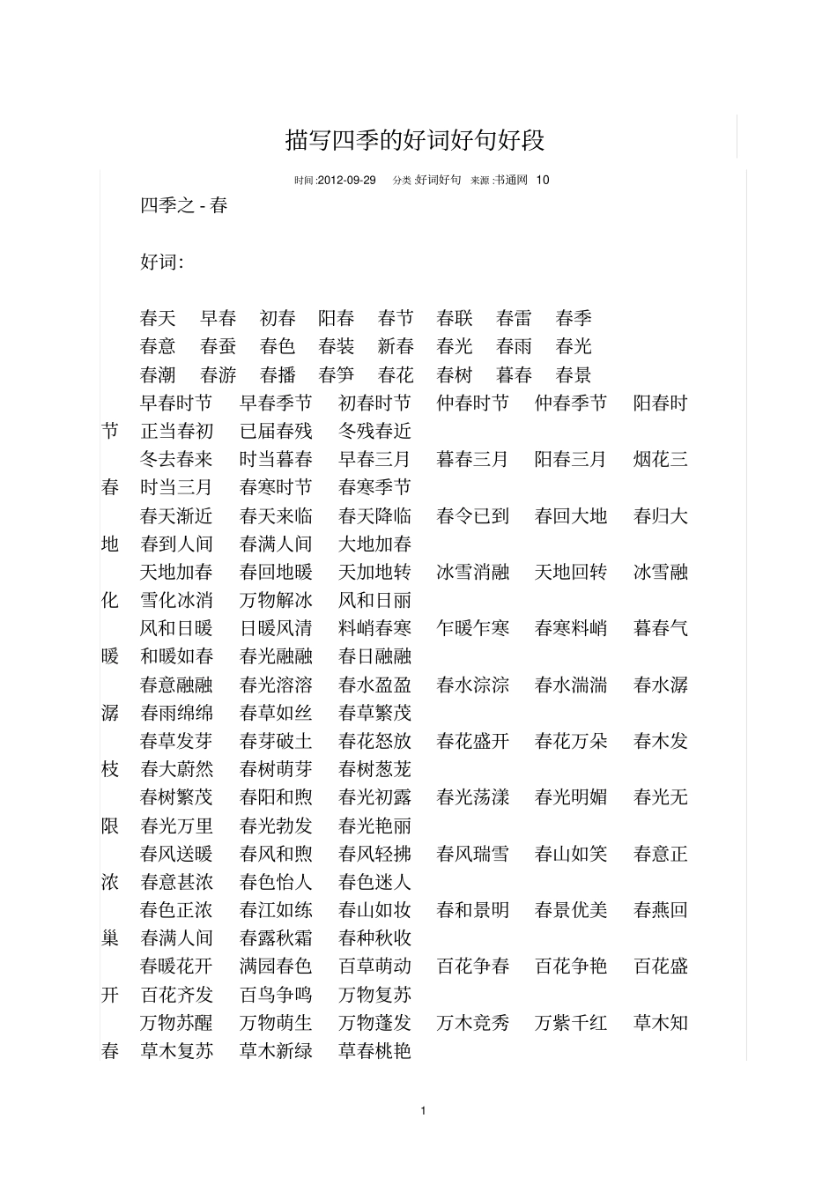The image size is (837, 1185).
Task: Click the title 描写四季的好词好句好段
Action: (415, 140)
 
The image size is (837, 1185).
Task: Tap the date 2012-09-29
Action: (346, 180)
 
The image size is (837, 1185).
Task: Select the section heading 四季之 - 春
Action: (184, 206)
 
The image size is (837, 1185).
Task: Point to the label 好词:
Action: (162, 263)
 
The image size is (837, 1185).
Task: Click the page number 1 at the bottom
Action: (424, 1110)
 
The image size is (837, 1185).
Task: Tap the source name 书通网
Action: (510, 180)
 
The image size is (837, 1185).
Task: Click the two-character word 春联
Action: (455, 318)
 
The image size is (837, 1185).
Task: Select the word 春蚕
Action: (219, 346)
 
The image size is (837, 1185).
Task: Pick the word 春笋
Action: (337, 374)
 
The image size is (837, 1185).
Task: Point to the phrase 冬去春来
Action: (176, 459)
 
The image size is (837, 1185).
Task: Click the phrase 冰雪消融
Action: (473, 572)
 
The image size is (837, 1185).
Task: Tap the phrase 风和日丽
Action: (374, 600)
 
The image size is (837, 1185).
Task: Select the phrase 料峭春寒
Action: (374, 628)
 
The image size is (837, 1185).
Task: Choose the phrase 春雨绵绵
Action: (176, 713)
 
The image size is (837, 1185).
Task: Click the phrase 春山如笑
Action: (571, 854)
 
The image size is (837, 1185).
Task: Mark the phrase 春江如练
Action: (276, 910)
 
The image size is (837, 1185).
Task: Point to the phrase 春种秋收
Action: (374, 938)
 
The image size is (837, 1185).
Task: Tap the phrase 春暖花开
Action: (176, 967)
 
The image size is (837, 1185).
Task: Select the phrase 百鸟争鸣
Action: (276, 995)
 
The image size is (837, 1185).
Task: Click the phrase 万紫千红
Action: (571, 1023)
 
